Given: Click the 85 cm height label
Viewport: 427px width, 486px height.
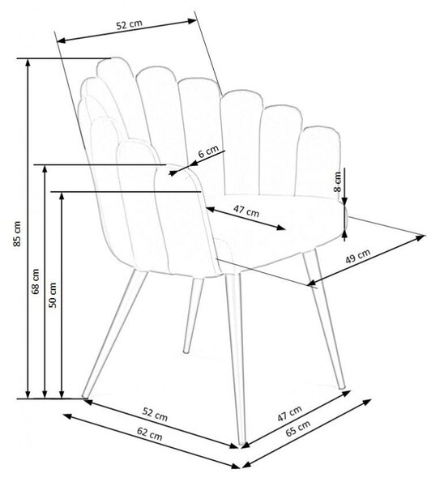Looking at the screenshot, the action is (x=18, y=234).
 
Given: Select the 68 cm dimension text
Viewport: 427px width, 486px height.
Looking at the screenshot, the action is (x=36, y=281).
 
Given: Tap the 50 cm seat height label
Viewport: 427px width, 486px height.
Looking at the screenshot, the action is (x=53, y=295).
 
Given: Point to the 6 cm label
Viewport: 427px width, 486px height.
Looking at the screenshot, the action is (x=208, y=152).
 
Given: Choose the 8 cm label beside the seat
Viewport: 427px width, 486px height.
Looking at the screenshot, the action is (x=338, y=182).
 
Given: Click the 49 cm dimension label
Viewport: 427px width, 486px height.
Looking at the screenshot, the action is (x=358, y=256).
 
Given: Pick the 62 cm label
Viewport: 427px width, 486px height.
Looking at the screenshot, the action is (x=149, y=433).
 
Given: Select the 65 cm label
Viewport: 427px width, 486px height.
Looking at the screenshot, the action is (x=297, y=428).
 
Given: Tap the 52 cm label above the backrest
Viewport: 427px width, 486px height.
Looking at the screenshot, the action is (x=130, y=24).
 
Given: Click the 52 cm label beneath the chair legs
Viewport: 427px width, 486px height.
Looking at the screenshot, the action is (x=155, y=415).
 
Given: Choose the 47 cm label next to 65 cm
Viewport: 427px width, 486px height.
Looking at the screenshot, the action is (x=289, y=413).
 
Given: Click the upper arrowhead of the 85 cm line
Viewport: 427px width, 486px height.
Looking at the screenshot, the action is (x=28, y=62).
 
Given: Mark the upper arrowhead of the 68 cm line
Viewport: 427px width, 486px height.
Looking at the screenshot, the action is (x=45, y=168).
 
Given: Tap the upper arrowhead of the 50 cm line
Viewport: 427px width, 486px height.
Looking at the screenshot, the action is (x=62, y=195).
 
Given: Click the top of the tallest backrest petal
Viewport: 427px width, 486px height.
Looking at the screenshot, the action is (x=114, y=58).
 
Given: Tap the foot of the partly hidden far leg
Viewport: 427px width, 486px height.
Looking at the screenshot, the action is (x=186, y=352).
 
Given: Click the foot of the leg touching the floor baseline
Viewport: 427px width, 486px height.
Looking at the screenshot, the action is (x=84, y=396).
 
